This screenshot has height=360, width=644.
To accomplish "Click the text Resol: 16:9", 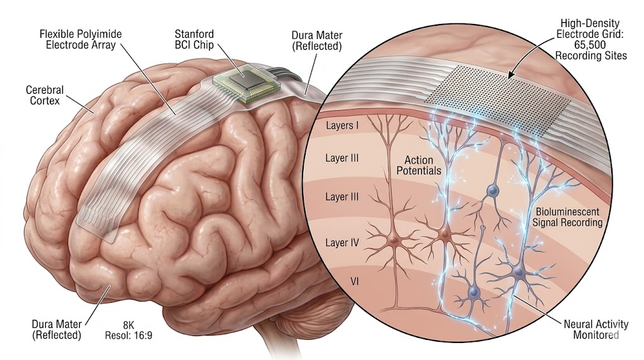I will [128, 335].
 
